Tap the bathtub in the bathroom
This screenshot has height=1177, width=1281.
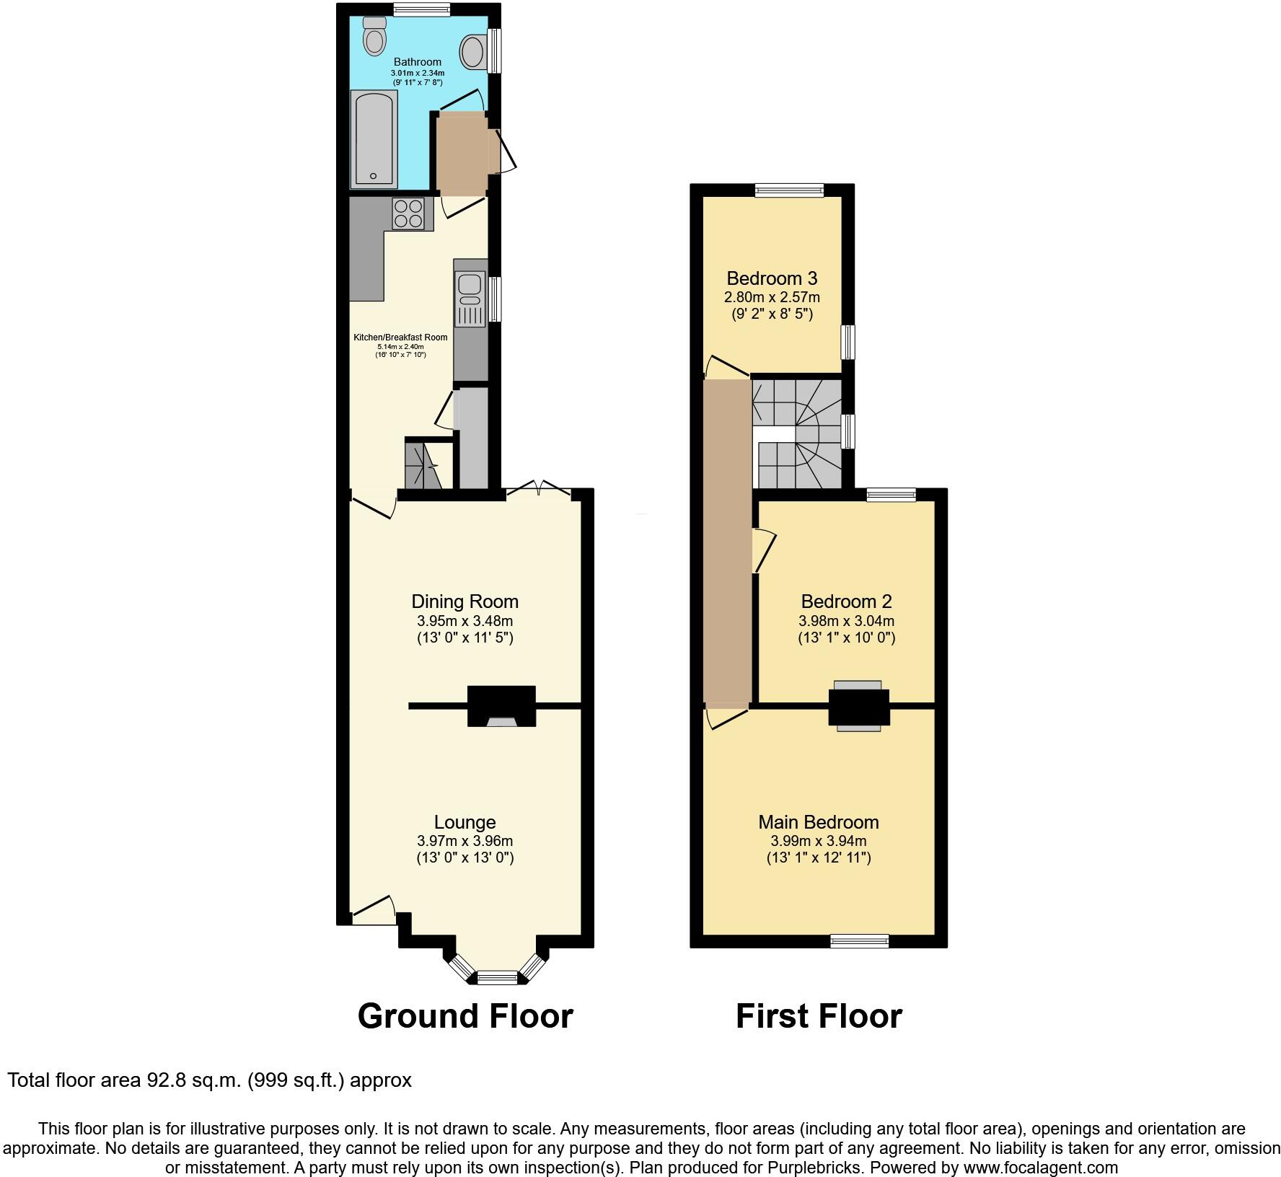[x=374, y=139]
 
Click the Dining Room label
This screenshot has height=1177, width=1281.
[x=465, y=601]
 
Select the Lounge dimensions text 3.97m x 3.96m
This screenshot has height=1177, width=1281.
[x=465, y=841]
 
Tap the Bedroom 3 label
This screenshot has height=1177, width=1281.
[x=772, y=278]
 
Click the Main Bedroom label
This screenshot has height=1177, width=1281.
[x=818, y=822]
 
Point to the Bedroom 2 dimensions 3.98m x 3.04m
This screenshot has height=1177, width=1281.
[x=846, y=621]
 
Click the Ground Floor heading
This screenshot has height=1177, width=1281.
[x=465, y=1016]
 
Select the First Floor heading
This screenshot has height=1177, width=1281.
[x=819, y=1016]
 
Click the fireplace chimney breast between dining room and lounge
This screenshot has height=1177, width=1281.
[x=502, y=705]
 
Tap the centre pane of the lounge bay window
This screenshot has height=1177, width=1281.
[x=498, y=978]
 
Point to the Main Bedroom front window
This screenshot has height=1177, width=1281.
[x=859, y=940]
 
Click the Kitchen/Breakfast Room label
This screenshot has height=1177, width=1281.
[x=400, y=338]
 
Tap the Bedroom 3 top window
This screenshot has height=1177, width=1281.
[x=789, y=190]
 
